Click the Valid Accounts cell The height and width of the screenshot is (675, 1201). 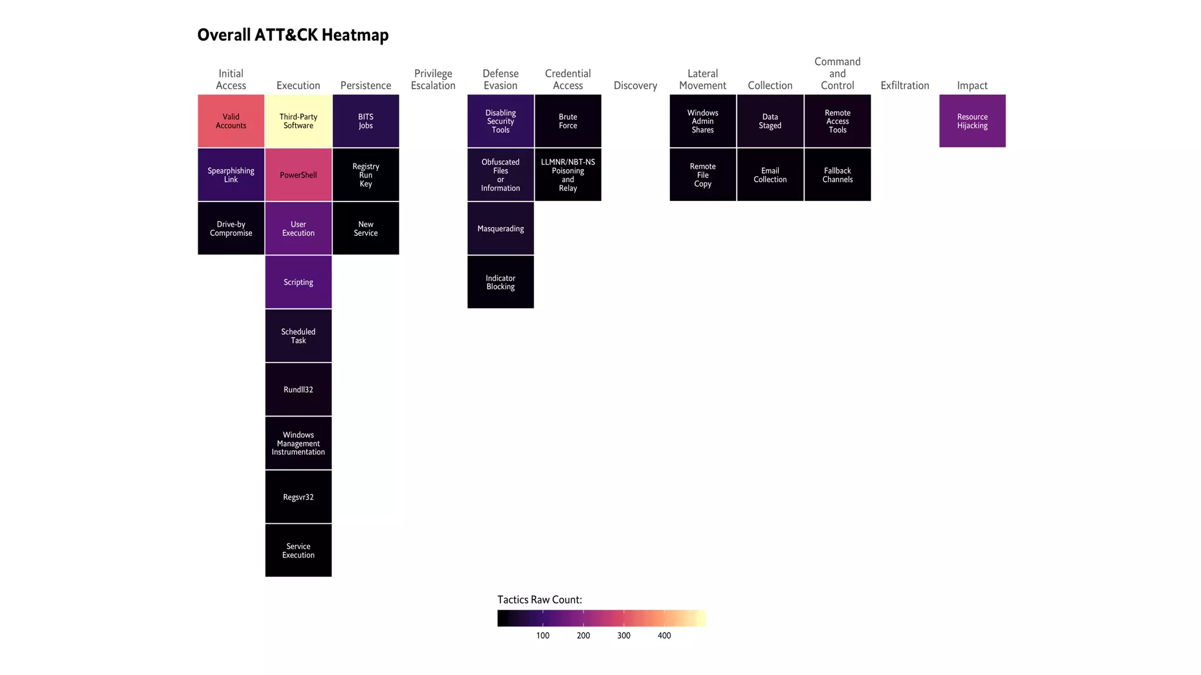[231, 121]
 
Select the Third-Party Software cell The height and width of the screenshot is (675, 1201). [298, 121]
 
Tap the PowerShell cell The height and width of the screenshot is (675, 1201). [298, 175]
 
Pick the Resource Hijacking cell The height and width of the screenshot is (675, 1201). [972, 121]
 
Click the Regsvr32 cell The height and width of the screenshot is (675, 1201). [298, 497]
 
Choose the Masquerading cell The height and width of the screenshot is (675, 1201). [500, 229]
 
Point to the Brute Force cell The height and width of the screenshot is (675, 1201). [568, 121]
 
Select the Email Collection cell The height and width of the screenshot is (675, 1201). [770, 175]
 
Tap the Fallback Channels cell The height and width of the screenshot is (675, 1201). [837, 175]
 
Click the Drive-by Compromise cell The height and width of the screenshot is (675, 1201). [231, 229]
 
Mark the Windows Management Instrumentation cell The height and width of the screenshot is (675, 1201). [298, 443]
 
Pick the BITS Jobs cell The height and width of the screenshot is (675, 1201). [366, 121]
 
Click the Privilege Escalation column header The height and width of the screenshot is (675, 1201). [433, 80]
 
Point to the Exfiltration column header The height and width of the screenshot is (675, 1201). [905, 86]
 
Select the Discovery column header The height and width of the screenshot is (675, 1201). [635, 86]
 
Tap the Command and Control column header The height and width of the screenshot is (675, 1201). [837, 74]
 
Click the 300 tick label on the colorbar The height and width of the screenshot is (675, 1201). [624, 636]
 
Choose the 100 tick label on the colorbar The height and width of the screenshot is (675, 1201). [543, 636]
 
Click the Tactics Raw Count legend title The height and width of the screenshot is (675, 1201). [540, 599]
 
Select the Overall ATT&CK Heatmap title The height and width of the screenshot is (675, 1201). [293, 35]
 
